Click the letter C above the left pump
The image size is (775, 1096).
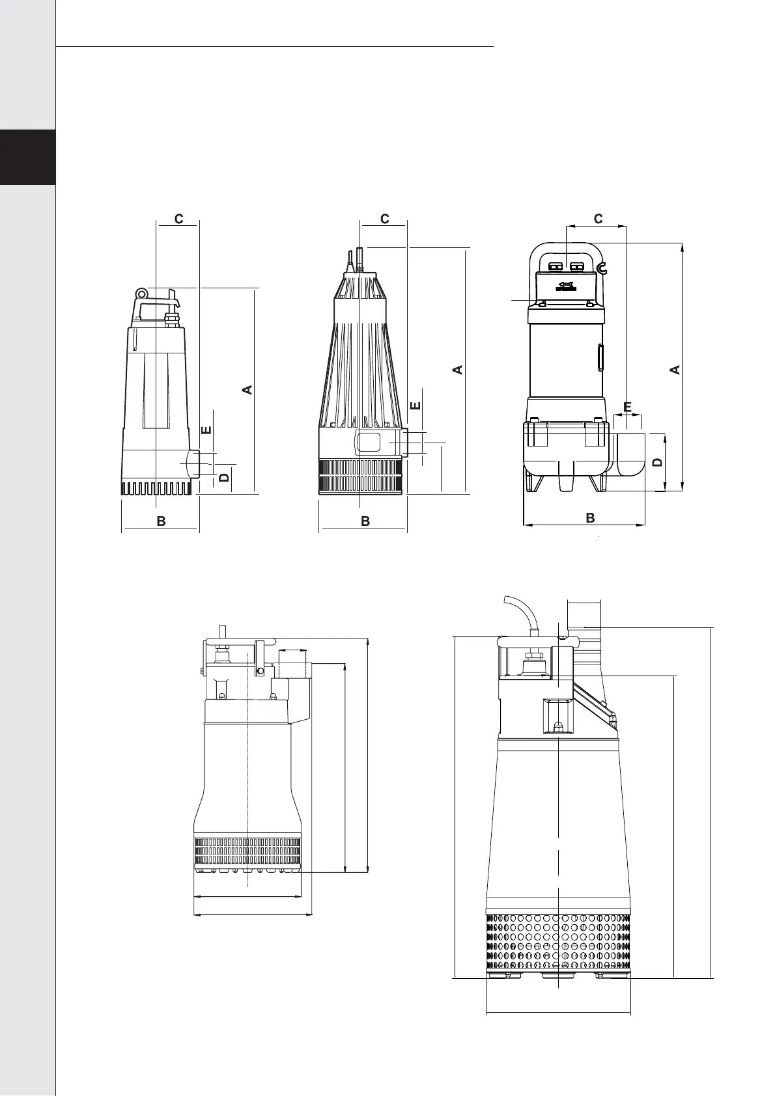point(178,219)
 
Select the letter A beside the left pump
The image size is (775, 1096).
point(247,390)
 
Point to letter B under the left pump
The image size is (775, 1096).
point(161,521)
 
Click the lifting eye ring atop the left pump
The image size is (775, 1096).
point(141,293)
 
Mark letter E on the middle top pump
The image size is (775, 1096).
point(415,405)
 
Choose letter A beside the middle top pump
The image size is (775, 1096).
point(457,370)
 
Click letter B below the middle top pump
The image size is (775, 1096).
point(365,521)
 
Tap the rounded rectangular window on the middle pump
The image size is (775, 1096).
point(368,442)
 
